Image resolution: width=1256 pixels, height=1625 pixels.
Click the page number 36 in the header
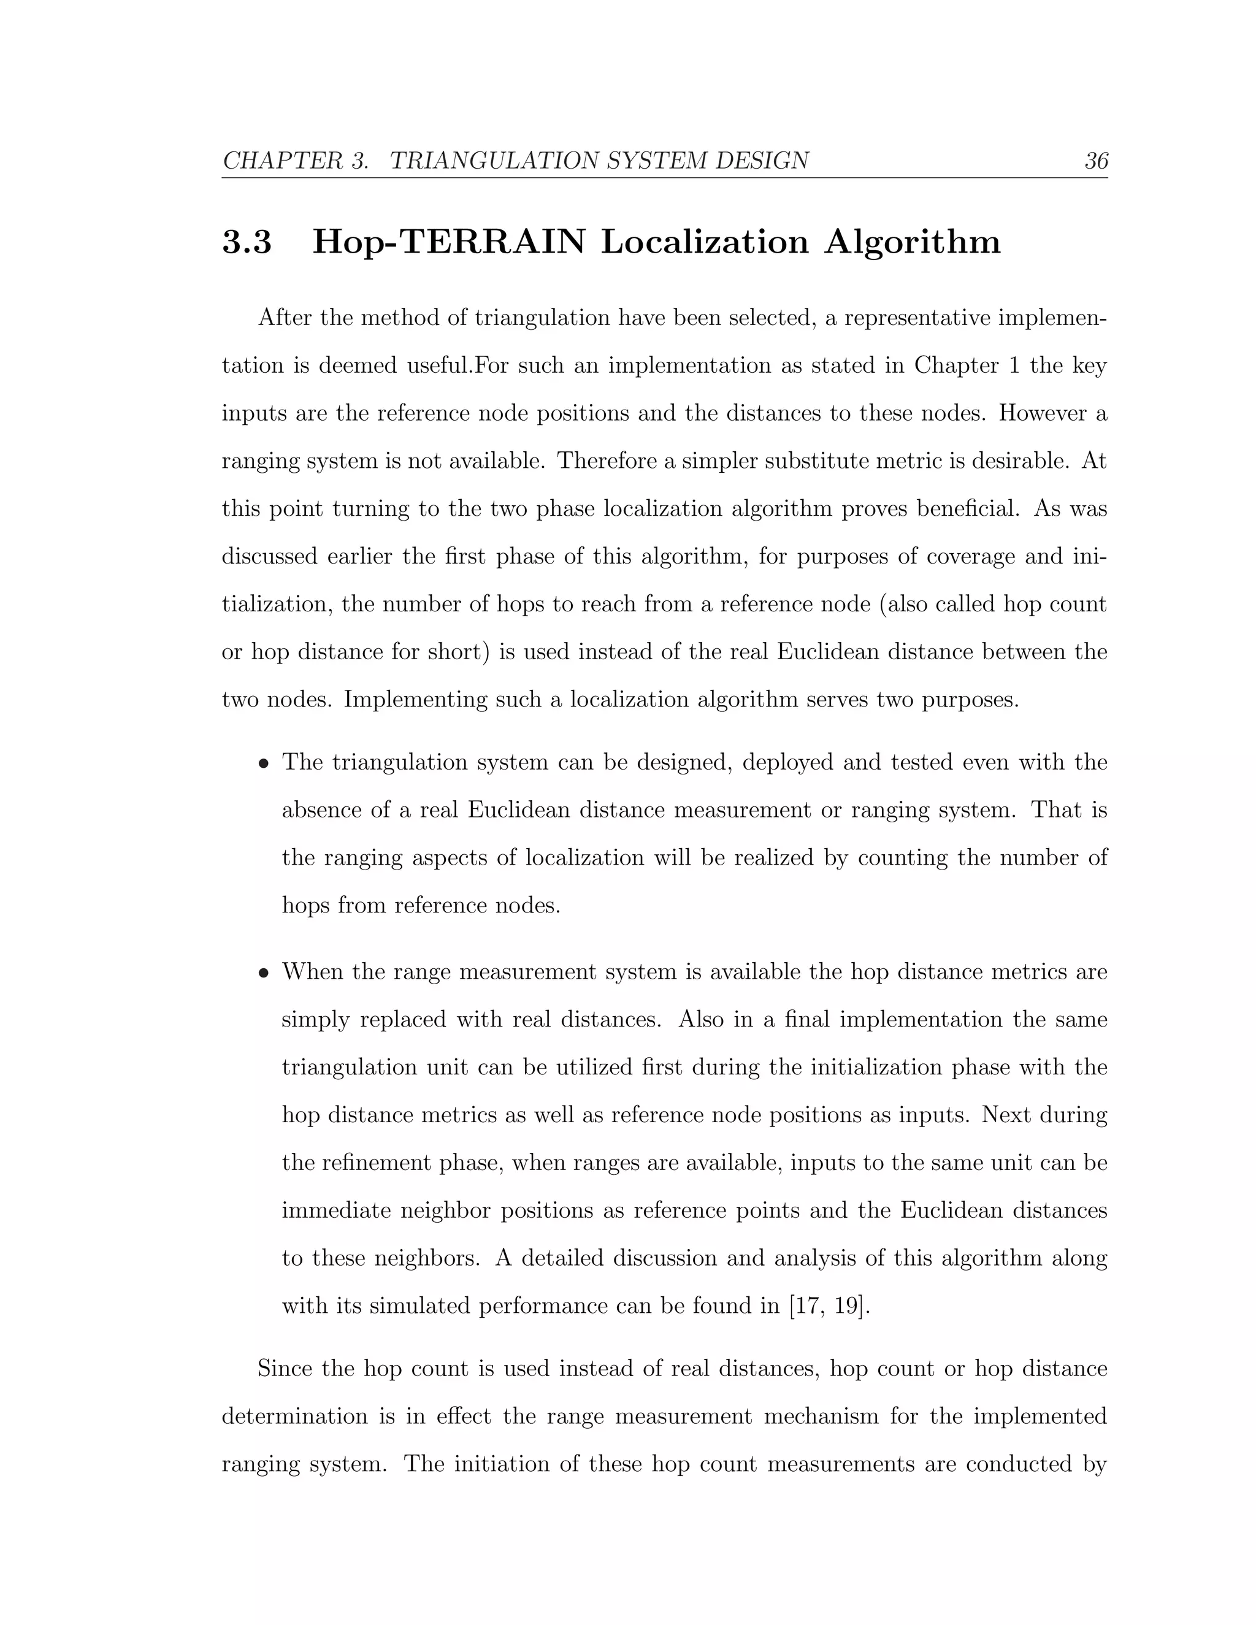click(x=1096, y=161)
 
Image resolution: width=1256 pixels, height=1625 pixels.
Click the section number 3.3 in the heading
click(x=247, y=243)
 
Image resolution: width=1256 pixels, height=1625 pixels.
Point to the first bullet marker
click(x=263, y=764)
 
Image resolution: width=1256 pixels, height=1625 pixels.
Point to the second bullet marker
click(x=263, y=974)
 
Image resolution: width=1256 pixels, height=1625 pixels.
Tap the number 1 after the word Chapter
click(x=1013, y=366)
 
